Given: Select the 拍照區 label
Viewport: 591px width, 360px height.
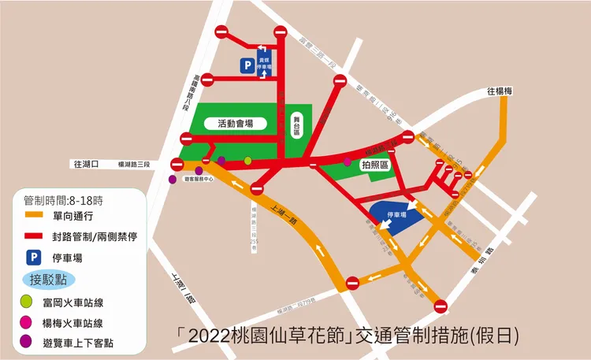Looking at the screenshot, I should [376, 165].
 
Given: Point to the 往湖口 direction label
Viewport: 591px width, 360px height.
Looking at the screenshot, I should [85, 165].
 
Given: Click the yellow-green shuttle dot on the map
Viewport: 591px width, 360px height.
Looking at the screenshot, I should [248, 161].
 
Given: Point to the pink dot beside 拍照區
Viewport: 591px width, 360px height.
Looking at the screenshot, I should [348, 161].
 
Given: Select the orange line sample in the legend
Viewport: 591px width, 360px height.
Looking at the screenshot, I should [35, 214].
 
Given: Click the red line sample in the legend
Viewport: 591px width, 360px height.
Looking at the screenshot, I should [35, 236].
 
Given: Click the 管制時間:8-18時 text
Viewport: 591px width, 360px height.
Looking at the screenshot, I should [65, 199].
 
